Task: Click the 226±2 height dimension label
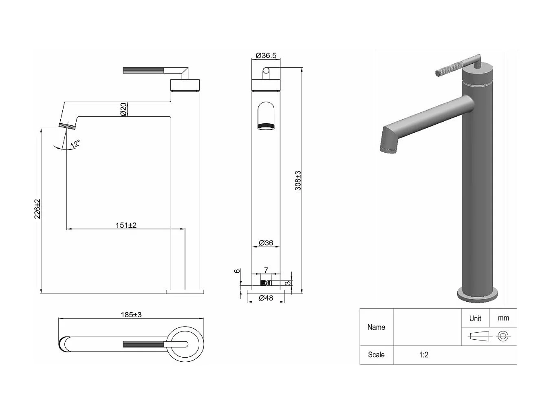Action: [x=37, y=209]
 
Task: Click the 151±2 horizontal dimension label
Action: [x=126, y=225]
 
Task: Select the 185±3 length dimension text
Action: [x=131, y=315]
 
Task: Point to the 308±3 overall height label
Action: [x=298, y=180]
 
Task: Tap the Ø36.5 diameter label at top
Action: [x=266, y=56]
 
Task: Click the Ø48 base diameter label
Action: [x=266, y=298]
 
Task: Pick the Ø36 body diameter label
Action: [x=266, y=243]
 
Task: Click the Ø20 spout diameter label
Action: [x=123, y=109]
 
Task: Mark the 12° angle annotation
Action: [x=75, y=144]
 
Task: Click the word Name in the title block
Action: [x=376, y=327]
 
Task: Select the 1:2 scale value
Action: [x=423, y=355]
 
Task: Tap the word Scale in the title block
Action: [x=376, y=355]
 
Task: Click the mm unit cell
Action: [x=503, y=318]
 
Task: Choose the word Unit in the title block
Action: [x=475, y=318]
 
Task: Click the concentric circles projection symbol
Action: [x=503, y=336]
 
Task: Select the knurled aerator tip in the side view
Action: [x=67, y=126]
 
